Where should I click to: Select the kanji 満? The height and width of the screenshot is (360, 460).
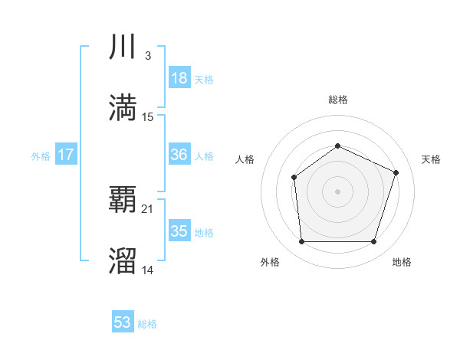click(123, 107)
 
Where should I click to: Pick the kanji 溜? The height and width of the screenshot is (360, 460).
click(123, 260)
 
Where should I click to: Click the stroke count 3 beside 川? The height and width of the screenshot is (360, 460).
click(147, 56)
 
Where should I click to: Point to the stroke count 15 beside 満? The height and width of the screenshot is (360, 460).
click(148, 117)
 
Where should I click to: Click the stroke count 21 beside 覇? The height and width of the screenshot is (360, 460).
click(148, 209)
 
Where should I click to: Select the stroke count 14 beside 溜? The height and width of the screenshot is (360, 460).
click(148, 270)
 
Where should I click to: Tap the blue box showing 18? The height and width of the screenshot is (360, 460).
click(179, 78)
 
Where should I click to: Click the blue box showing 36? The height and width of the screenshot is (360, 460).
click(179, 155)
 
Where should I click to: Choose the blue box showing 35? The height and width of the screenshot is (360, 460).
click(179, 231)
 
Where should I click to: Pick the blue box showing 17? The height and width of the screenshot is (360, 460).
click(66, 155)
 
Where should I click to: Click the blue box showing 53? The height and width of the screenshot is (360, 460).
click(123, 322)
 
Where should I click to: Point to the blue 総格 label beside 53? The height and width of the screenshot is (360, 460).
click(147, 324)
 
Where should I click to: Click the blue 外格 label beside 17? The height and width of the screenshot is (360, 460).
click(41, 156)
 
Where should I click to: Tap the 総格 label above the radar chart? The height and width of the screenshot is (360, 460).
click(337, 100)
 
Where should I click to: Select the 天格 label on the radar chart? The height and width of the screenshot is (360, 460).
click(431, 159)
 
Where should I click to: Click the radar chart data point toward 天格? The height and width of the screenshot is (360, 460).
click(396, 172)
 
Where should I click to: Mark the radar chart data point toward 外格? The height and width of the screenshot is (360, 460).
click(301, 242)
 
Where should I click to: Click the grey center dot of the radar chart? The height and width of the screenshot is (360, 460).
click(337, 191)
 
